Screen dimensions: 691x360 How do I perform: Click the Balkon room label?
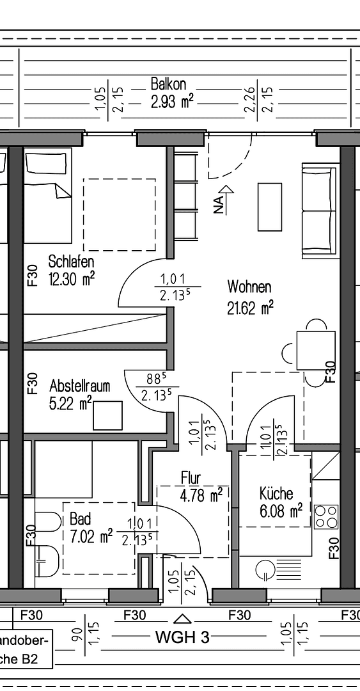pos(168,84)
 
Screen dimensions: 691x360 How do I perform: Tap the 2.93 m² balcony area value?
pos(172,101)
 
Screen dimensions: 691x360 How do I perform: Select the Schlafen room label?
pos(72,262)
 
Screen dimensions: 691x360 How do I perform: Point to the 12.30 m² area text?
pos(72,279)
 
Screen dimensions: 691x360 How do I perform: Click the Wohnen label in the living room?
pos(249,287)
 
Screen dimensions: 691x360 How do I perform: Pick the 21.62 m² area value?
pos(250,308)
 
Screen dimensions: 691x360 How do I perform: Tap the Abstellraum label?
pos(80,386)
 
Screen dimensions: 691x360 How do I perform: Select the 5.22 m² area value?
pos(70,403)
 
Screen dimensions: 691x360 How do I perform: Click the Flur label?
pos(191,478)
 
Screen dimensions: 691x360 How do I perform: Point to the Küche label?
pos(276,493)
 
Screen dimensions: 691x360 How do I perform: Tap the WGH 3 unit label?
pos(182,637)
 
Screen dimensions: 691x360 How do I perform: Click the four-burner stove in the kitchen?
pos(326,516)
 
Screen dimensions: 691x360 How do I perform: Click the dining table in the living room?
pos(316,350)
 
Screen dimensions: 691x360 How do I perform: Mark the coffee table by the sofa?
pos(269,207)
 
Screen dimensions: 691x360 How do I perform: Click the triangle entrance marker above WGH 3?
pos(183,619)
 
